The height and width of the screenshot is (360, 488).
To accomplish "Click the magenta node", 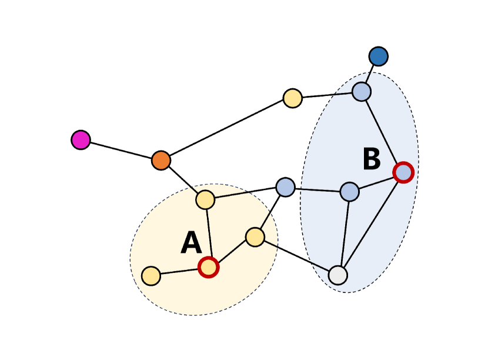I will [x=81, y=140].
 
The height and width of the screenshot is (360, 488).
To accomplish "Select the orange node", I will [x=161, y=160].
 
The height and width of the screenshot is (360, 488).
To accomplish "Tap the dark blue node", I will [x=379, y=56].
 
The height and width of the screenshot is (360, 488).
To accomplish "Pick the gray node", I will [x=338, y=275].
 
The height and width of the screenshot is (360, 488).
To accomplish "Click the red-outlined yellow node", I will [x=208, y=267].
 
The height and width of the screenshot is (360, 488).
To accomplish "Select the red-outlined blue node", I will [x=403, y=172].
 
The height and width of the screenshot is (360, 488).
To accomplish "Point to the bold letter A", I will [x=191, y=244].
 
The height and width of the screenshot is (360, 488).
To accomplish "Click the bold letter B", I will [x=371, y=159].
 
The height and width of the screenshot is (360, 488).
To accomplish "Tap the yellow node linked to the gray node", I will [x=255, y=237].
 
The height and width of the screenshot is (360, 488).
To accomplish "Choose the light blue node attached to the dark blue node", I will [x=362, y=92].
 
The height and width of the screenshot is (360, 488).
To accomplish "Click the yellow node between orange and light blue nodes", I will [x=293, y=98].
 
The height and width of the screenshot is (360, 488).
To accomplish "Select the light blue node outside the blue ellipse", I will [x=285, y=187].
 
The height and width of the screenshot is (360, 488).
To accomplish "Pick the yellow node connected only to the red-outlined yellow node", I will [x=151, y=276].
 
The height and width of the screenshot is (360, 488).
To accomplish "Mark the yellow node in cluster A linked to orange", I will [x=205, y=200].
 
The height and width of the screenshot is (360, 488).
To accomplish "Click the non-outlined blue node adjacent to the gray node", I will [x=349, y=191].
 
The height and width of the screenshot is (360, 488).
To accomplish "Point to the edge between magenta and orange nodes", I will [x=121, y=150].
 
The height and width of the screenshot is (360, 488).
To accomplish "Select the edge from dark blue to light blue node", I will [x=370, y=74].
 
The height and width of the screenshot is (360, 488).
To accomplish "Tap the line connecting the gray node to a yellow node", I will [x=296, y=256].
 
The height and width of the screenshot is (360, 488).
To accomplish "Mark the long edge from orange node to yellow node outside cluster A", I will [x=227, y=129].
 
